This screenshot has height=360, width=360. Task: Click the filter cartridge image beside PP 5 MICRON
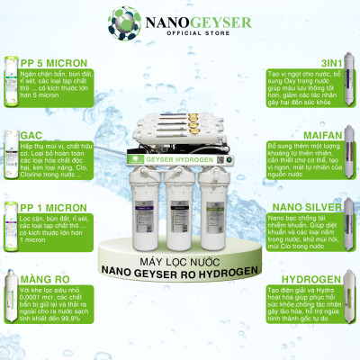click(x=10, y=82)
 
